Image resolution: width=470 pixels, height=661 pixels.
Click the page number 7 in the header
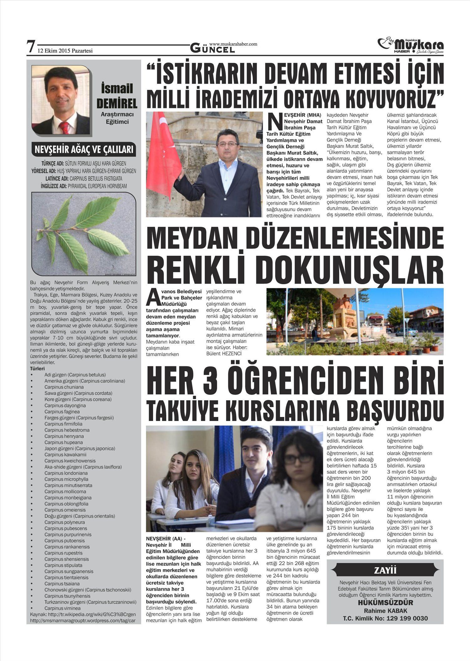coord(30,47)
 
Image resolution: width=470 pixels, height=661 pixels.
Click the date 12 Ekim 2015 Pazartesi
coord(65,51)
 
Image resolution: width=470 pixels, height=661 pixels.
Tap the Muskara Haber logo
coord(410,45)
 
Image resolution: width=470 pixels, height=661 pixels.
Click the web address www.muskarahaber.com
coord(233,44)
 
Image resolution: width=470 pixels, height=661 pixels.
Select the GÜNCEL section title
coord(212,49)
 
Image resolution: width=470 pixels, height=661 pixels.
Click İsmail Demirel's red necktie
coord(65,127)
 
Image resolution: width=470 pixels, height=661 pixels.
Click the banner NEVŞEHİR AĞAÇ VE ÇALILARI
coord(84,150)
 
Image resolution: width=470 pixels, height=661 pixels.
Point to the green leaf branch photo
coord(84,233)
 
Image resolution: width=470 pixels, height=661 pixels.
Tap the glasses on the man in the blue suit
coord(227,143)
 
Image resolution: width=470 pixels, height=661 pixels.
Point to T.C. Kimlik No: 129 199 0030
coord(385,618)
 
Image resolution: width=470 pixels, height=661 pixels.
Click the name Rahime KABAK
coord(385,611)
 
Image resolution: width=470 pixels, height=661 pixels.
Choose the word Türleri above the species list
coord(37,369)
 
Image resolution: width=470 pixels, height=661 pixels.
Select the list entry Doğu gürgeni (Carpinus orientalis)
coord(80,516)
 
